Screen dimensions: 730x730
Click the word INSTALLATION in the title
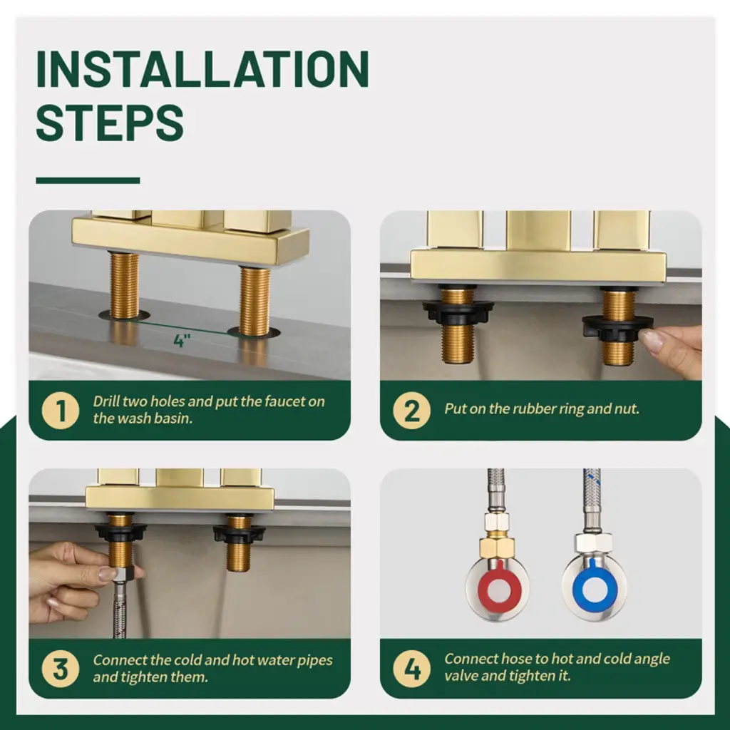pos(202,69)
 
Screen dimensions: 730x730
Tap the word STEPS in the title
pos(110,123)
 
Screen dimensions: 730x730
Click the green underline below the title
pos(88,180)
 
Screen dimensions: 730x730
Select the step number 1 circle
pos(61,411)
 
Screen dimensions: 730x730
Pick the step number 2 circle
pos(411,411)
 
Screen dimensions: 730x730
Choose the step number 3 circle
pos(61,669)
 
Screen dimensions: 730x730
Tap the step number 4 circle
pos(411,669)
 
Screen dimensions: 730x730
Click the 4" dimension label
pos(182,341)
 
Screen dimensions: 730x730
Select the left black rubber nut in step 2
pos(458,311)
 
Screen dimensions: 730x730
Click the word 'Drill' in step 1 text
pos(106,401)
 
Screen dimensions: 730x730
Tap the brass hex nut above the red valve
pos(497,545)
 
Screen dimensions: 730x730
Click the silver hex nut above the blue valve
pos(593,542)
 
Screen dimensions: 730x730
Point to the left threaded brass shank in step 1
pos(124,285)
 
